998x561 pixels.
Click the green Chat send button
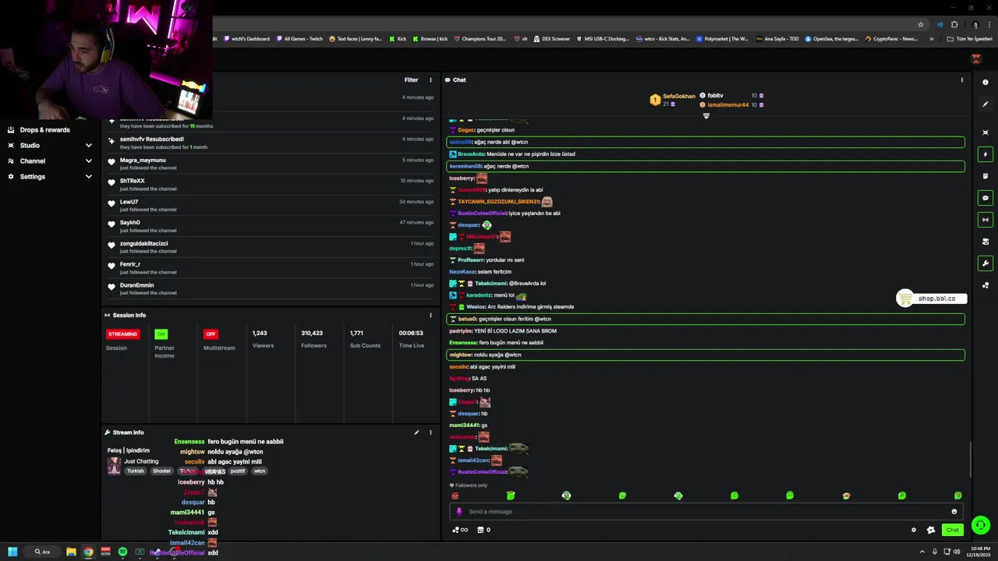pyautogui.click(x=952, y=530)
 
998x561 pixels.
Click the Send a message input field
pyautogui.click(x=702, y=512)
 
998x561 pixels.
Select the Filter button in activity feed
pyautogui.click(x=411, y=80)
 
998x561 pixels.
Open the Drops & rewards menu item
pyautogui.click(x=44, y=130)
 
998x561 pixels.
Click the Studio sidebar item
pyautogui.click(x=30, y=146)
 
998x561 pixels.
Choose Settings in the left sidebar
pyautogui.click(x=32, y=177)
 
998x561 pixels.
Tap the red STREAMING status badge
pyautogui.click(x=122, y=334)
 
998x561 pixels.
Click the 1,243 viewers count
pyautogui.click(x=260, y=333)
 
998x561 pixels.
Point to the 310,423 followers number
pyautogui.click(x=312, y=333)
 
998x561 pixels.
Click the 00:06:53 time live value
pyautogui.click(x=411, y=333)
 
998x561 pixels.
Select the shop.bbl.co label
pyautogui.click(x=936, y=298)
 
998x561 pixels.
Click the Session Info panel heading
pyautogui.click(x=129, y=316)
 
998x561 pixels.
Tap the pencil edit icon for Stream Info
pyautogui.click(x=416, y=432)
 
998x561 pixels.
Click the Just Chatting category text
pyautogui.click(x=141, y=461)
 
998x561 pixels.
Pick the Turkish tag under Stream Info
pyautogui.click(x=136, y=471)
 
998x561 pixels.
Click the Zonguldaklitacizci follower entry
pyautogui.click(x=143, y=244)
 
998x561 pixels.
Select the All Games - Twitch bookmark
pyautogui.click(x=303, y=39)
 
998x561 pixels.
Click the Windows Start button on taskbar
pyautogui.click(x=12, y=552)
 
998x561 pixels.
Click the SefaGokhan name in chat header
pyautogui.click(x=678, y=97)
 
